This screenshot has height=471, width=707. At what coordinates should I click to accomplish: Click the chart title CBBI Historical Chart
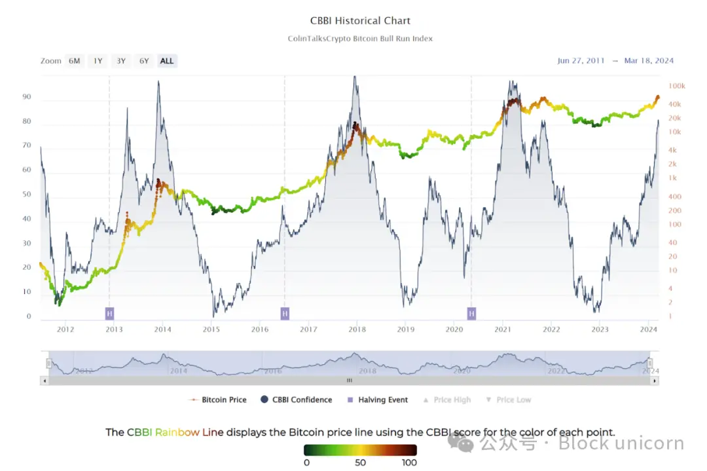360,21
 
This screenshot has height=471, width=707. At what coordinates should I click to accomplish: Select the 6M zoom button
75,61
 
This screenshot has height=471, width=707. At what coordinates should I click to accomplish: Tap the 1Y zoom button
98,61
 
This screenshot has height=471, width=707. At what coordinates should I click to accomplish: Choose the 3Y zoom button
121,61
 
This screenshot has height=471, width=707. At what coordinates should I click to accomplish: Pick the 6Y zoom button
144,61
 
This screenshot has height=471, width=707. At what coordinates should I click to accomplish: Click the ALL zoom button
167,61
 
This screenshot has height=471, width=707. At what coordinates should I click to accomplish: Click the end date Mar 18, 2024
649,61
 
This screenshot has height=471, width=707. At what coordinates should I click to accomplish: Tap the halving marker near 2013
109,313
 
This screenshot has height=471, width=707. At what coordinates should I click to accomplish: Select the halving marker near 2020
471,313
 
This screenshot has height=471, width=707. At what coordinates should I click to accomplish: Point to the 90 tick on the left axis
27,97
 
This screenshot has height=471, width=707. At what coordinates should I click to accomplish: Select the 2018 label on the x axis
357,330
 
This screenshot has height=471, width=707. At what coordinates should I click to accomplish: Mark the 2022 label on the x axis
551,330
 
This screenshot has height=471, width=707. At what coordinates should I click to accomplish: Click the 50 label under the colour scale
360,463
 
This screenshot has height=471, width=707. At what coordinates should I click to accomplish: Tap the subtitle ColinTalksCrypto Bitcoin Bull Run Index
360,39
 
